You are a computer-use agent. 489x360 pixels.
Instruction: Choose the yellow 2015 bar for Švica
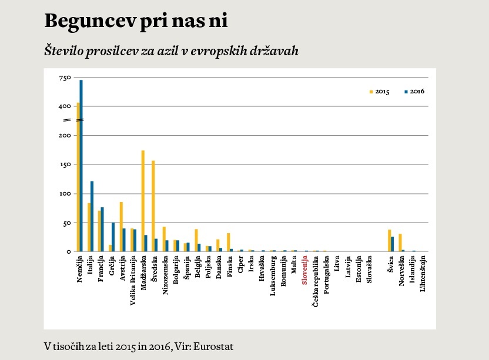(390, 240)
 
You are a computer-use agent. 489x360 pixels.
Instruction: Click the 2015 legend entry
(379, 92)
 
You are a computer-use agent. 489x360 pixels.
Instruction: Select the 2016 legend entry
(414, 92)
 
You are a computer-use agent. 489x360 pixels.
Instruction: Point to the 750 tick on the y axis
(65, 78)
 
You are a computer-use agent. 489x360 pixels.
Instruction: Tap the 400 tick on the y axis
(65, 107)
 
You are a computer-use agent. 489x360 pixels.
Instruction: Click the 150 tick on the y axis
(65, 165)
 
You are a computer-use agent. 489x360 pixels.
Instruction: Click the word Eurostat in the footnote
(213, 346)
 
